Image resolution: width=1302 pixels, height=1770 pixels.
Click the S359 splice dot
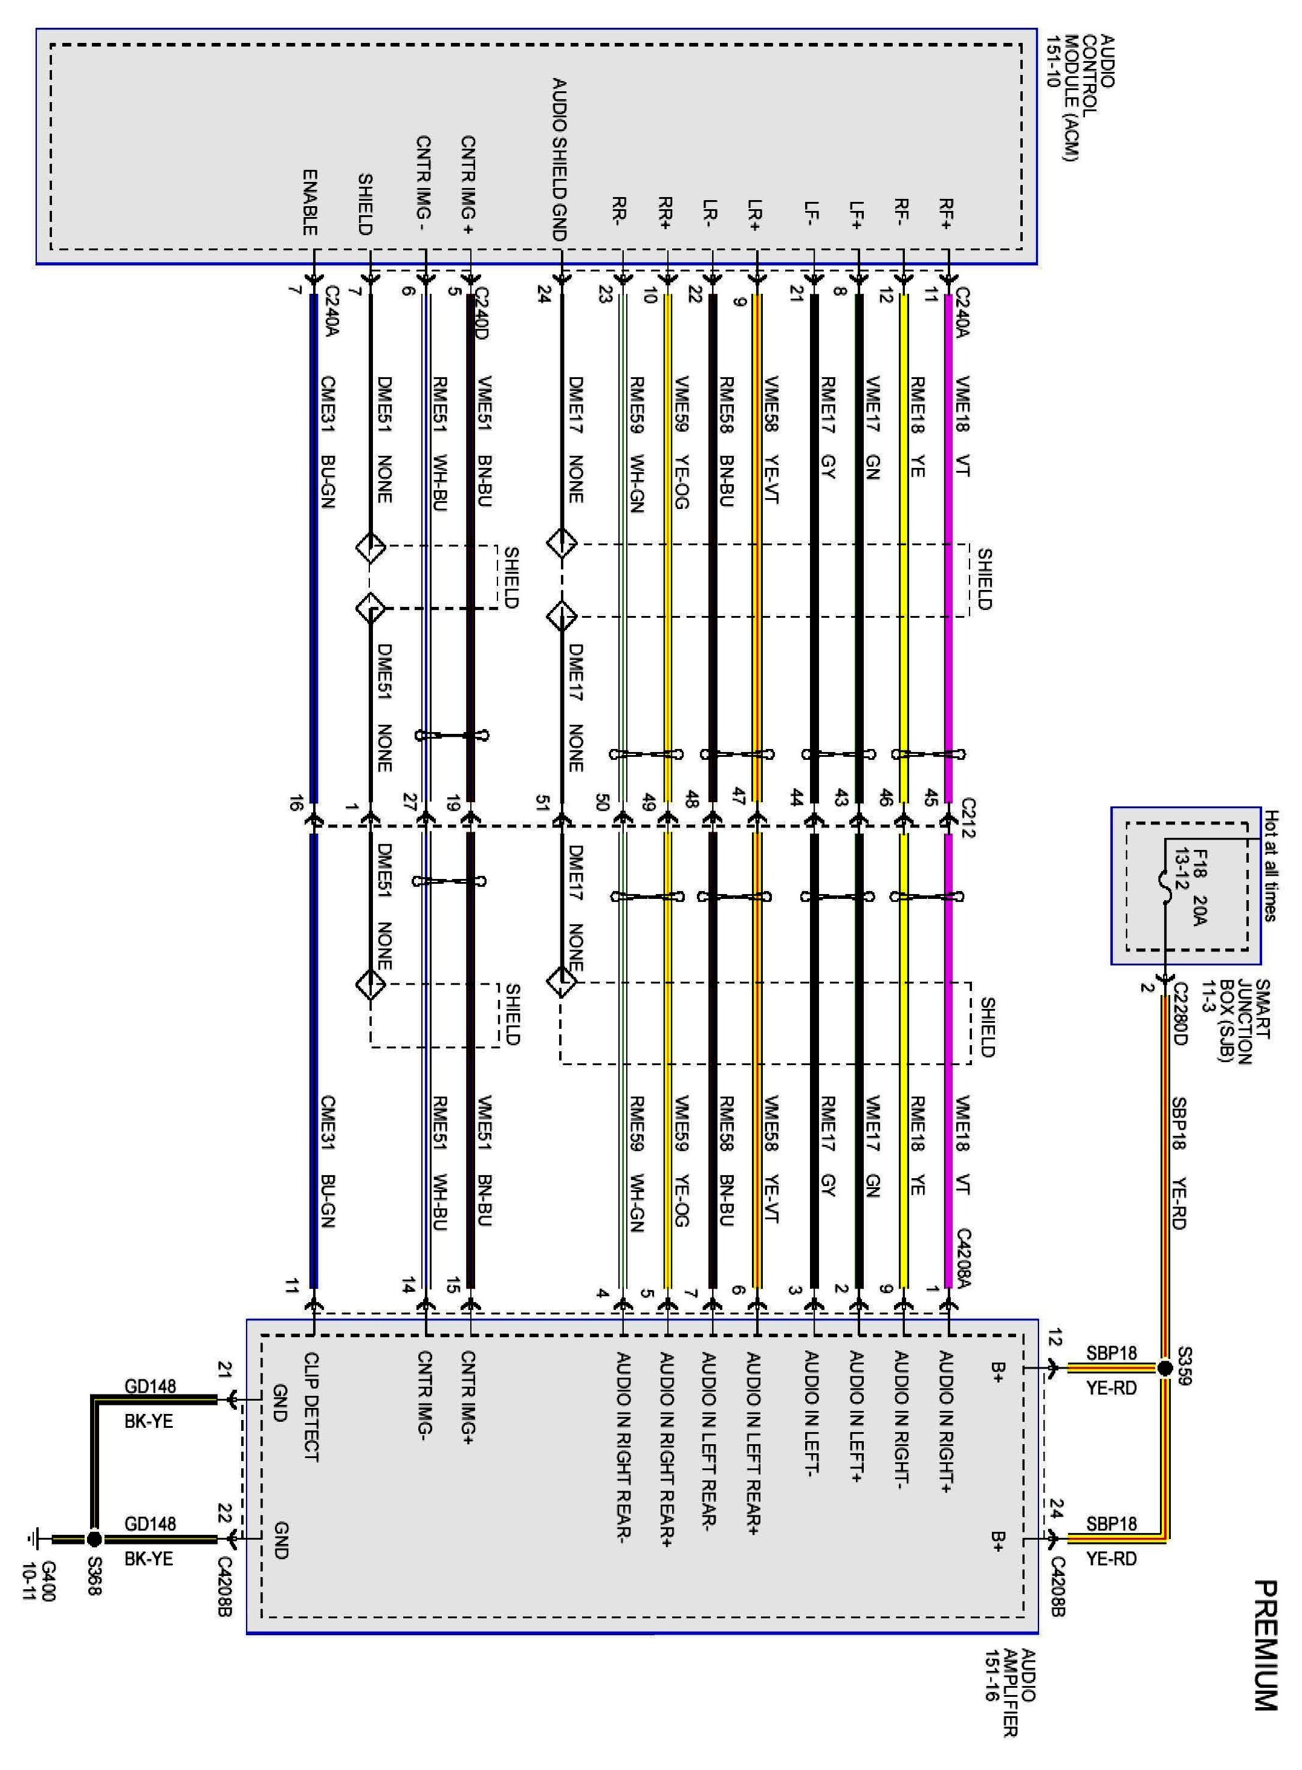1165,1368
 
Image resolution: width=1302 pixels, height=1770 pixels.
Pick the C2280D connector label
1180,1013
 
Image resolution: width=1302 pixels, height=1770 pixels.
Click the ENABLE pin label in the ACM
309,202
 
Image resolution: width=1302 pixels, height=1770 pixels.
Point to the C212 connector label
968,818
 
